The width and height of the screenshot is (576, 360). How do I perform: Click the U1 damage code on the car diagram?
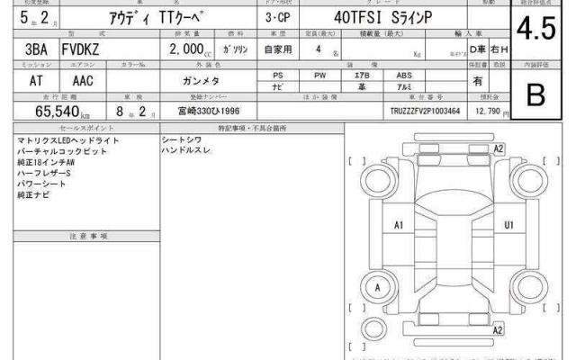click(x=508, y=224)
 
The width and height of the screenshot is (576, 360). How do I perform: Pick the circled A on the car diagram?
click(x=378, y=287)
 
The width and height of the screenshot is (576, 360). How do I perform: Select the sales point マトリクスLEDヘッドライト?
click(x=67, y=141)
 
